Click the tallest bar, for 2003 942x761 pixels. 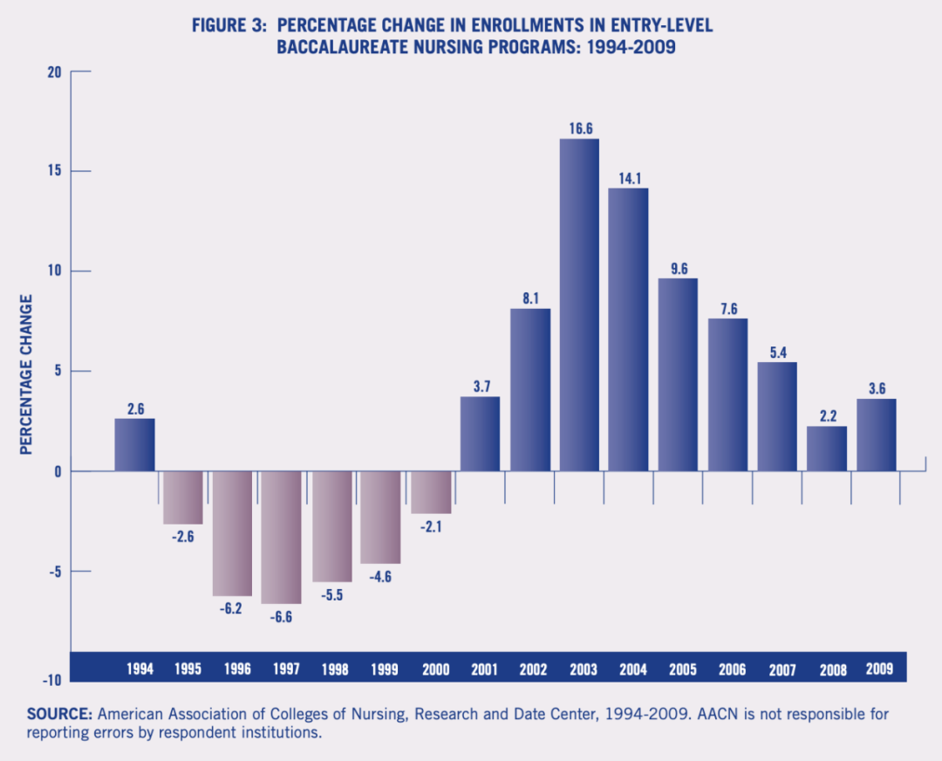(579, 305)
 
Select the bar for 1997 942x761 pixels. (281, 537)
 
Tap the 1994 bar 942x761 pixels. (134, 445)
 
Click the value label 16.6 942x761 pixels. (579, 128)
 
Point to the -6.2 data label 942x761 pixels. (232, 608)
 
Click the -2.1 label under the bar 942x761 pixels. (431, 526)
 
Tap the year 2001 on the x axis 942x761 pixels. (484, 670)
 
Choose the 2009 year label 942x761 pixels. (880, 669)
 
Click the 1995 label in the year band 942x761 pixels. (188, 670)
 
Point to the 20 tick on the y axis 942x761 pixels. (55, 72)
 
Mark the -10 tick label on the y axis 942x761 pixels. (51, 680)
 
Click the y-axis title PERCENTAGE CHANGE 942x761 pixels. (26, 374)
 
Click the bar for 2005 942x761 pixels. (678, 375)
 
